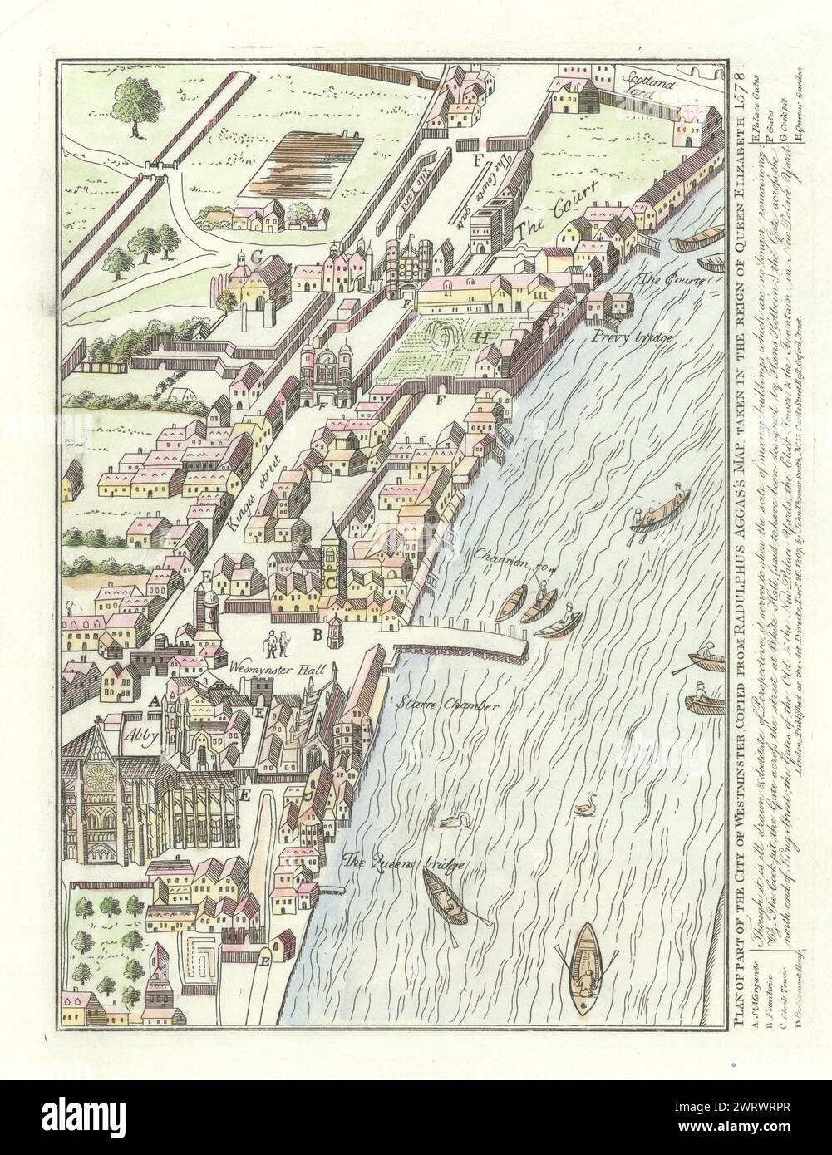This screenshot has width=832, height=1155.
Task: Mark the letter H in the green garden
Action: click(480, 338)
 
